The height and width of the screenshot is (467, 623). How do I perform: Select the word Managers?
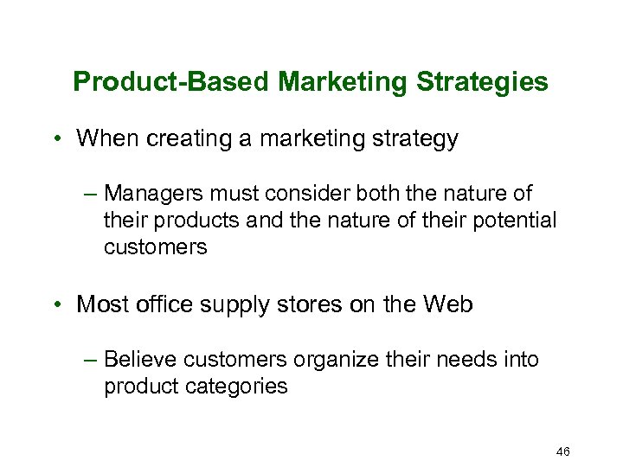147,194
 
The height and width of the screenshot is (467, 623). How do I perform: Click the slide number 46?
562,451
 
